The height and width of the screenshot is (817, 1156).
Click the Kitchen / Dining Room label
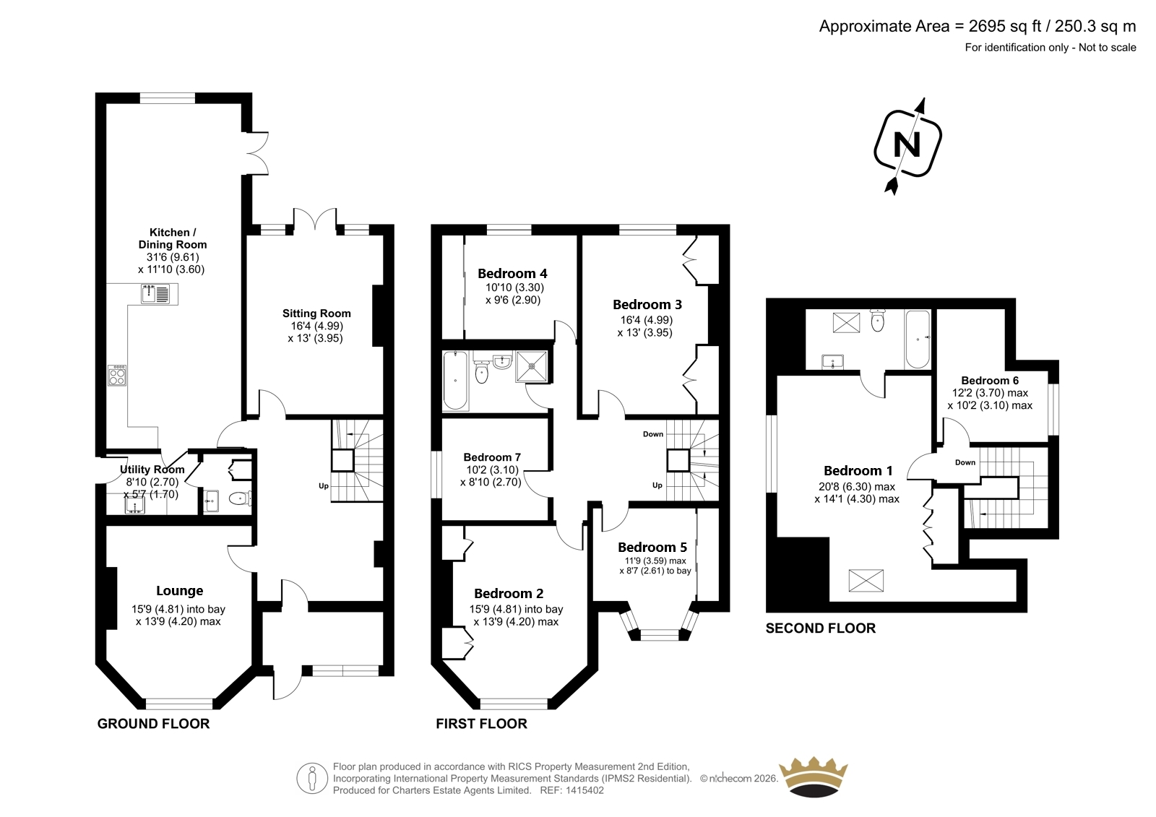(173, 238)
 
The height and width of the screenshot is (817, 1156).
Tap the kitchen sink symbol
(155, 294)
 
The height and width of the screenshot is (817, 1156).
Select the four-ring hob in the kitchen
(116, 375)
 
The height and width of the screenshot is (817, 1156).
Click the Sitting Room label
(316, 314)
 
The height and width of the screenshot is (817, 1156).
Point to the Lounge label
(180, 590)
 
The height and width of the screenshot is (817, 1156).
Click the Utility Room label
(152, 470)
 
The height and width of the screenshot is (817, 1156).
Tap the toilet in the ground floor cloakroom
(239, 498)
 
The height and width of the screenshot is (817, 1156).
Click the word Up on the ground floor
(324, 485)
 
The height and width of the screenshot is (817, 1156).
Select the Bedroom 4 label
(512, 274)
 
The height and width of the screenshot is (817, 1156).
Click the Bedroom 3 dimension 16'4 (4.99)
(647, 320)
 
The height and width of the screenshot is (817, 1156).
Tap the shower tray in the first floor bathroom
(531, 366)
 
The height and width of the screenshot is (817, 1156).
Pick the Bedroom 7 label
(492, 457)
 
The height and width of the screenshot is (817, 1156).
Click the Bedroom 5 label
(652, 547)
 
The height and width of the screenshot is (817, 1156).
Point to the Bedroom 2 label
(509, 594)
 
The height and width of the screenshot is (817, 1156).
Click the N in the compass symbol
(907, 145)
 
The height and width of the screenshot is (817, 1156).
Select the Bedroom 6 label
(990, 381)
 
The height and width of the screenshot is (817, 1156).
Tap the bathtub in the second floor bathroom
(918, 339)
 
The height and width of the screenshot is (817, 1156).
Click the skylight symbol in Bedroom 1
(866, 580)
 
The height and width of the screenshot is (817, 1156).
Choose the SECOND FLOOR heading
(821, 628)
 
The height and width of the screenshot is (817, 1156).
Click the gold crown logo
(814, 777)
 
